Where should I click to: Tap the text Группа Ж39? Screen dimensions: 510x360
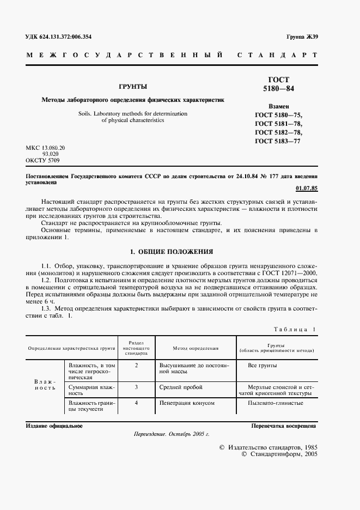pos(302,37)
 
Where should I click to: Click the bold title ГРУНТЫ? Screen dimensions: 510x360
pos(133,87)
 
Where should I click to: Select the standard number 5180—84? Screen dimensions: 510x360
pos(278,88)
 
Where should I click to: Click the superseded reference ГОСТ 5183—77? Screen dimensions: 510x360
pos(278,141)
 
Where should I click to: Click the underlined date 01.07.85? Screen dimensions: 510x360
pos(307,188)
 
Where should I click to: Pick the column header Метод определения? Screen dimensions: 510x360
pos(196,347)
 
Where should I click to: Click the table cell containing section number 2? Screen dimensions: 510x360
pos(137,365)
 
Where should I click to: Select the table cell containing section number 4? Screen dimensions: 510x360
pos(137,403)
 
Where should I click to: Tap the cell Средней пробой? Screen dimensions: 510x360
pos(180,387)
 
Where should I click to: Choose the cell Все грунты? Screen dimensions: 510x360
pos(262,365)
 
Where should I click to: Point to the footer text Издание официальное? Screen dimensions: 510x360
pos(54,426)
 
